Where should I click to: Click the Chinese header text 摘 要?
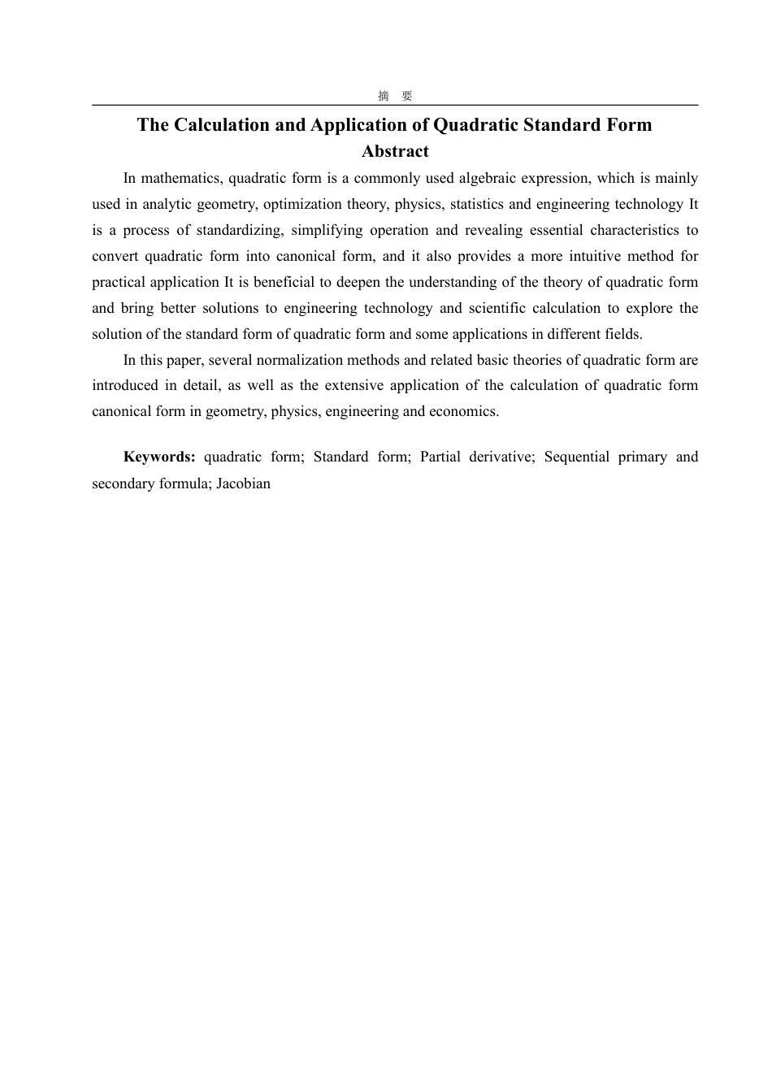click(395, 96)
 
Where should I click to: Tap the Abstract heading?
click(395, 151)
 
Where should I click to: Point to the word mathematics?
click(180, 178)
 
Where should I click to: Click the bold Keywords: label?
click(159, 457)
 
